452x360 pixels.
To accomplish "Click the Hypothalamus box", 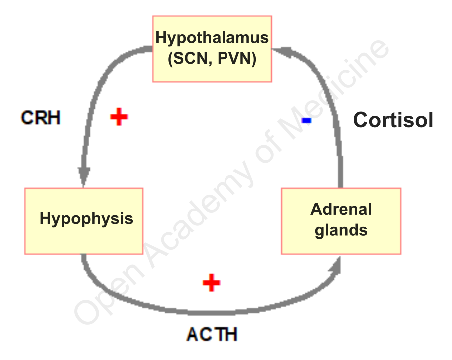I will pos(212,48).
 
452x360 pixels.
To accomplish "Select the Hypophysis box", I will pos(84,220).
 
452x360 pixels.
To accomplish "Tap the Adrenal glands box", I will pos(341,220).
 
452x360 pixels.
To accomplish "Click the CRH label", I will pos(41,118).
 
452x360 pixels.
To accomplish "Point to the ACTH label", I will pos(212,334).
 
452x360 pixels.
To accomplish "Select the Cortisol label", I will pos(393,120).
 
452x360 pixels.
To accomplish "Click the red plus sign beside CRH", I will pos(119,117).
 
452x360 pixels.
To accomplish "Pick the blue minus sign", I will pos(307,121).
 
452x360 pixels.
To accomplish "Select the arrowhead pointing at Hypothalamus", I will pos(281,50).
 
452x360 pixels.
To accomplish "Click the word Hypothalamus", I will pos(212,38).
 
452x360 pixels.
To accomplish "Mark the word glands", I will pos(341,230).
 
